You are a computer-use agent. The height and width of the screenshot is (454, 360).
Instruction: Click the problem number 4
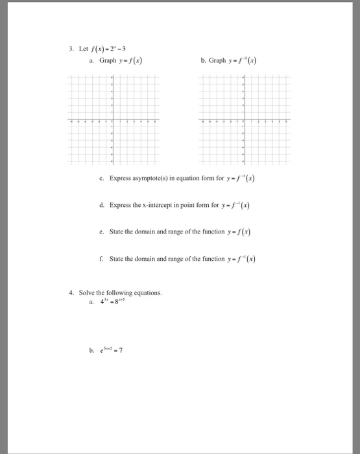(x=72, y=293)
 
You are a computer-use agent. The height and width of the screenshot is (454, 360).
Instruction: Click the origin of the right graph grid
(x=244, y=121)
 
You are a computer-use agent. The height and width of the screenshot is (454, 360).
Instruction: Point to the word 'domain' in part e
(x=144, y=232)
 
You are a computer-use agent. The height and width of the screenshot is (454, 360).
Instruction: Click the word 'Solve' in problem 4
(x=88, y=293)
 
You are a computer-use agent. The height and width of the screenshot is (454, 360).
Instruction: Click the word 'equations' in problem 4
(x=147, y=293)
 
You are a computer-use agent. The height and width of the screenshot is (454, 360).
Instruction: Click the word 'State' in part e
(x=117, y=232)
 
